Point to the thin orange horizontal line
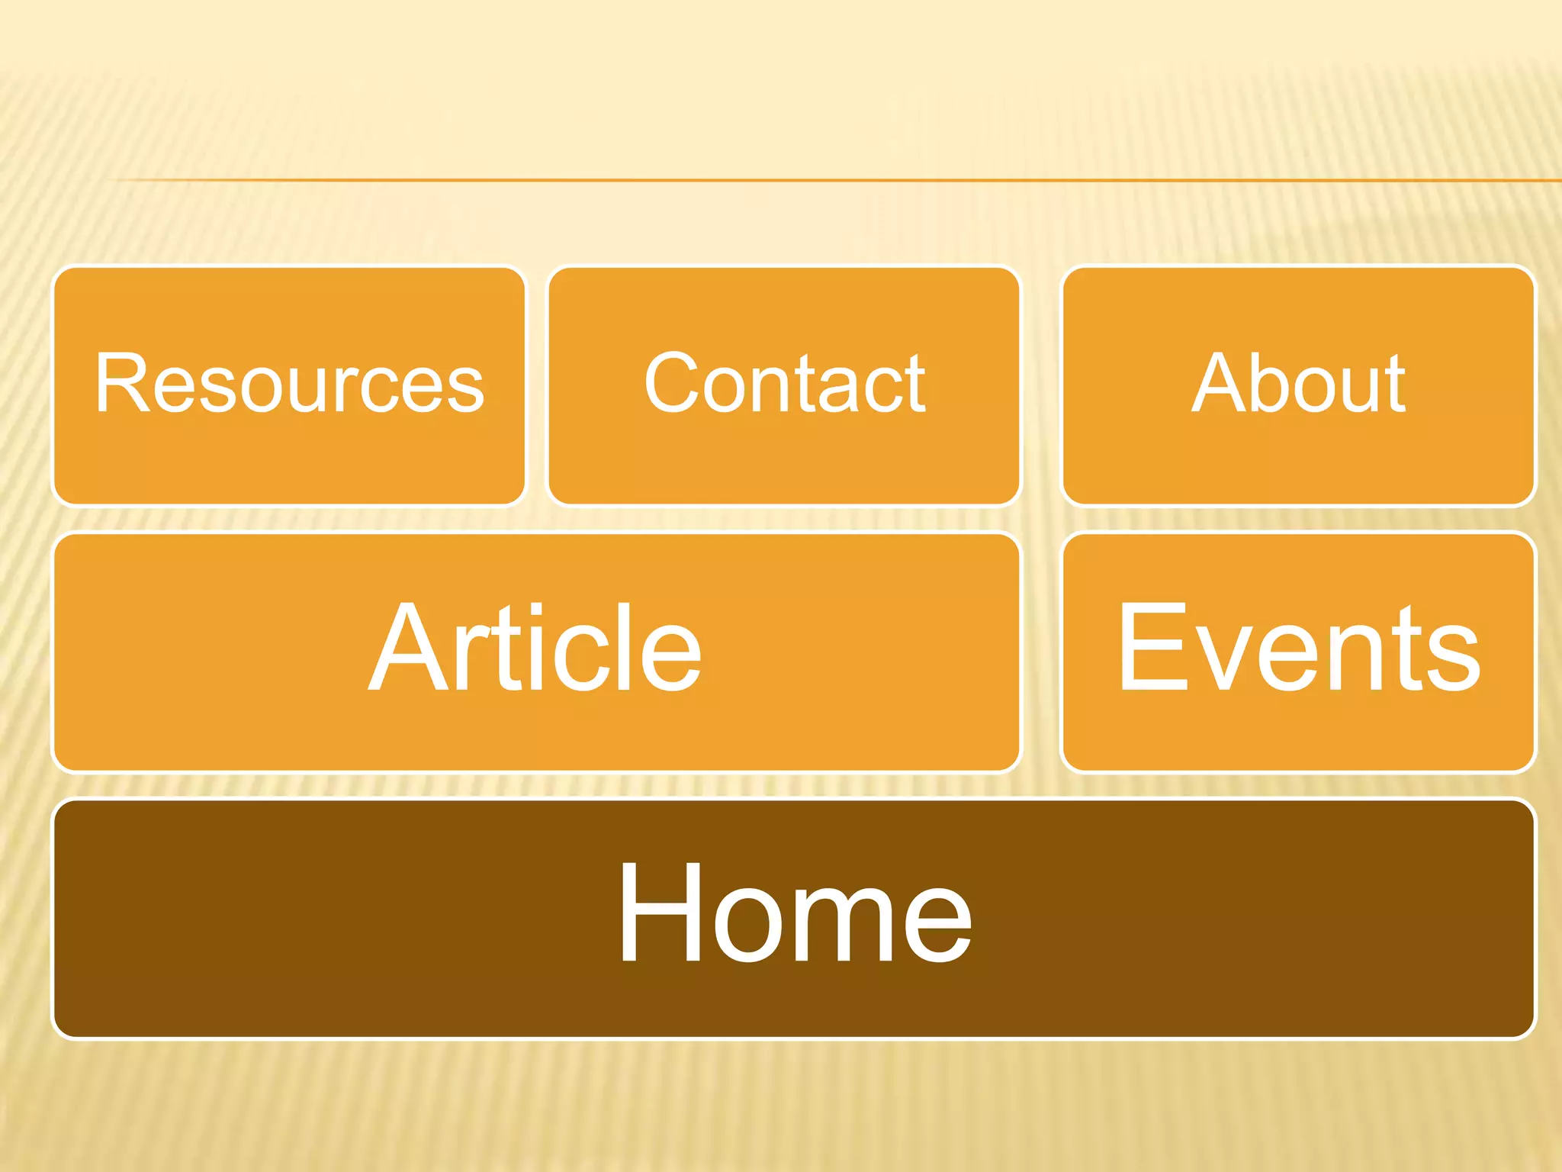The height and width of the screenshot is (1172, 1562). point(839,181)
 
